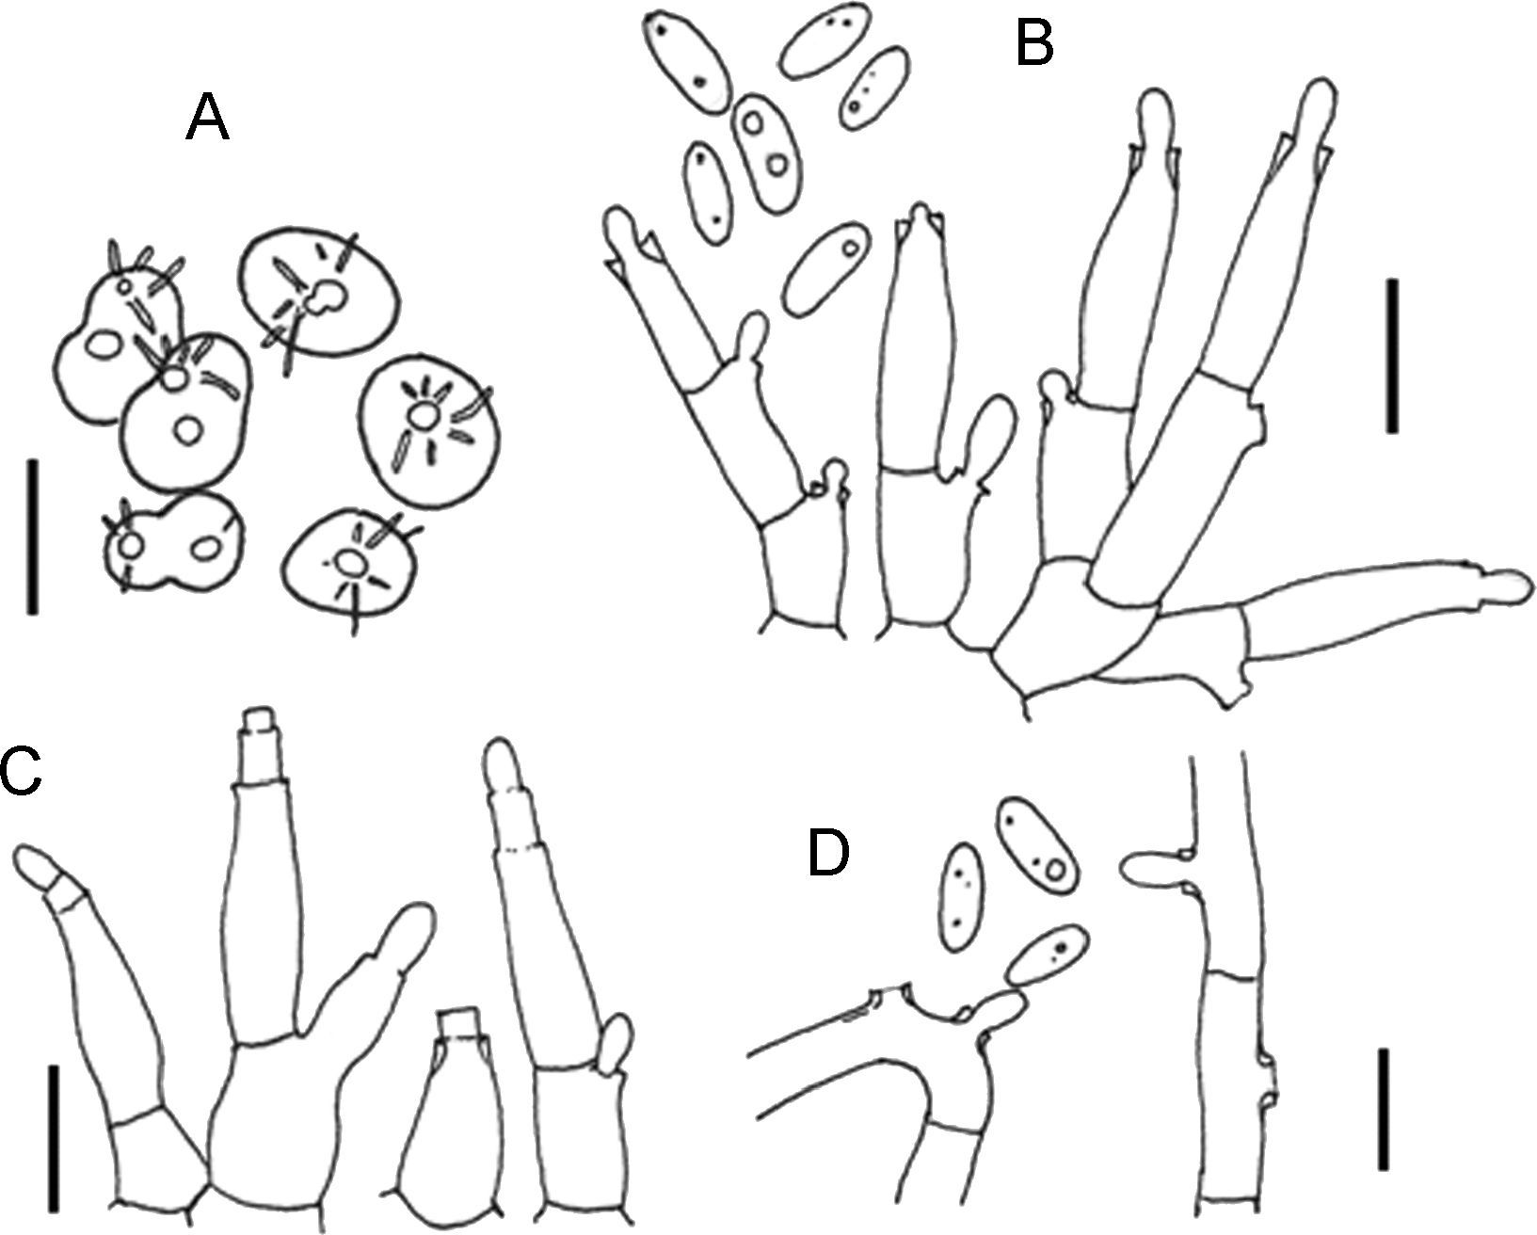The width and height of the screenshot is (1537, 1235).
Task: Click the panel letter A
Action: (x=207, y=120)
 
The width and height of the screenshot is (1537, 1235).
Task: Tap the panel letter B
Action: (x=1033, y=41)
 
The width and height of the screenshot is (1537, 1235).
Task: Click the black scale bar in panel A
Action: (x=32, y=537)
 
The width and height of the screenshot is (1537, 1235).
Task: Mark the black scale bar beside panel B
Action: (x=1392, y=356)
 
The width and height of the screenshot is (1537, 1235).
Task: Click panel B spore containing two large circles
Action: (x=765, y=144)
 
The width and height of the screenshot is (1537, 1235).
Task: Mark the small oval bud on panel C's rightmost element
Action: (x=617, y=1041)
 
